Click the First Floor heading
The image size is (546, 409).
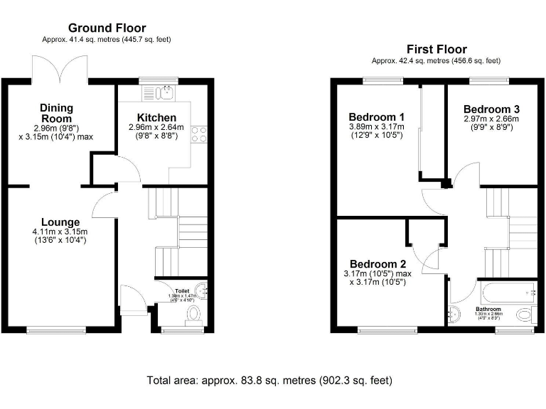437,49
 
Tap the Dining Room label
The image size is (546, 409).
56,113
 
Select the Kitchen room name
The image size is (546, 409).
157,117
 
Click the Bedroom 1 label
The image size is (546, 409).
377,116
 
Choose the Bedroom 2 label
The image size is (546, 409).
377,261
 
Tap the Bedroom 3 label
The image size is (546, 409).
491,109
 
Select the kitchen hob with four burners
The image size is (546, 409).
200,133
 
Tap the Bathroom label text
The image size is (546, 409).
488,310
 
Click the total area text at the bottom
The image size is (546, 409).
269,381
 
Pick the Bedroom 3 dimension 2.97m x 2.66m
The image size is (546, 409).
491,119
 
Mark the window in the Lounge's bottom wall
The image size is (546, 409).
49,329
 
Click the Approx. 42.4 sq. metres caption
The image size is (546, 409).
437,61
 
